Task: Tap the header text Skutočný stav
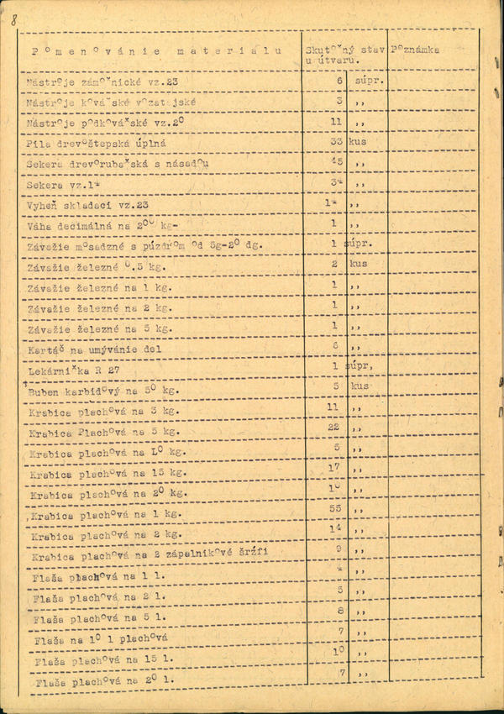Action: [x=345, y=50]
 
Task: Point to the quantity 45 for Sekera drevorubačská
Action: [x=337, y=162]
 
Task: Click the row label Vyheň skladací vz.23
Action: [x=87, y=205]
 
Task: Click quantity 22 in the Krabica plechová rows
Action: [x=333, y=427]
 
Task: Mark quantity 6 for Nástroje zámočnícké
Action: [x=339, y=80]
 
